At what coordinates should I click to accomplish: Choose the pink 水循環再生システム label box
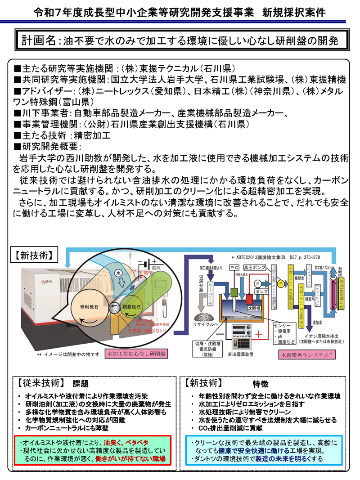(x=306, y=354)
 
